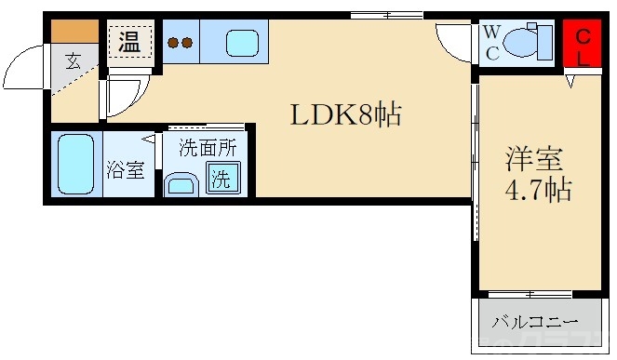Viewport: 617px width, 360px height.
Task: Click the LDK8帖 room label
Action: coord(346,115)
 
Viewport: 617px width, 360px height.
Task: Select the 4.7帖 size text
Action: coord(537,191)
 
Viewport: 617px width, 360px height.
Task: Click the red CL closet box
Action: coord(583,46)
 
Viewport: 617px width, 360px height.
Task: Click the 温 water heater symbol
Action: coord(128,41)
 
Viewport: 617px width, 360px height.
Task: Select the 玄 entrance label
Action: coord(73,63)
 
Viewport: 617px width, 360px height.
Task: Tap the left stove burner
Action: coord(172,42)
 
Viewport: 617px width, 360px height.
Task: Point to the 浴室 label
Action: coord(125,169)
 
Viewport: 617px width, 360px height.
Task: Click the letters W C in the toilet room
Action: coord(490,44)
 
